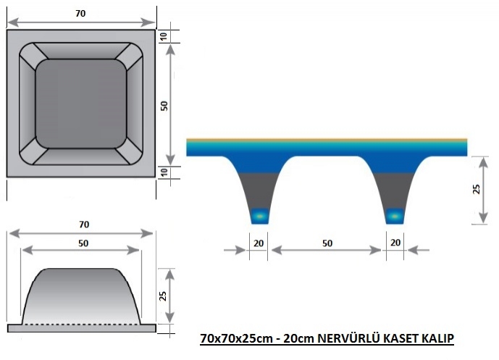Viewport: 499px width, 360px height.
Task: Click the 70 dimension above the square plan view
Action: coord(80,13)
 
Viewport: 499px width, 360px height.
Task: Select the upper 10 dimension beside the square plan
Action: coord(164,37)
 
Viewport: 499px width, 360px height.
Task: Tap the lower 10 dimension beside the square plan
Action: coord(164,172)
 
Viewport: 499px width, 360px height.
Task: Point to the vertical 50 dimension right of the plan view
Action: coord(164,106)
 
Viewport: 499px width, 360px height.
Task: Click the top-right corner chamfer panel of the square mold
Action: coord(129,56)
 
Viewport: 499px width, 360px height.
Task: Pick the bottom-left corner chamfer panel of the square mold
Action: coord(33,151)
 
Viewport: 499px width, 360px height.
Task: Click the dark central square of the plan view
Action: coord(81,104)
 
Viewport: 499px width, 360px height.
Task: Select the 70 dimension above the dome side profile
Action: coord(84,225)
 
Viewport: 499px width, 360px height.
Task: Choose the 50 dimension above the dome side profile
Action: coord(83,243)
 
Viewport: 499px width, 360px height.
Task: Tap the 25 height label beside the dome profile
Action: coord(163,296)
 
